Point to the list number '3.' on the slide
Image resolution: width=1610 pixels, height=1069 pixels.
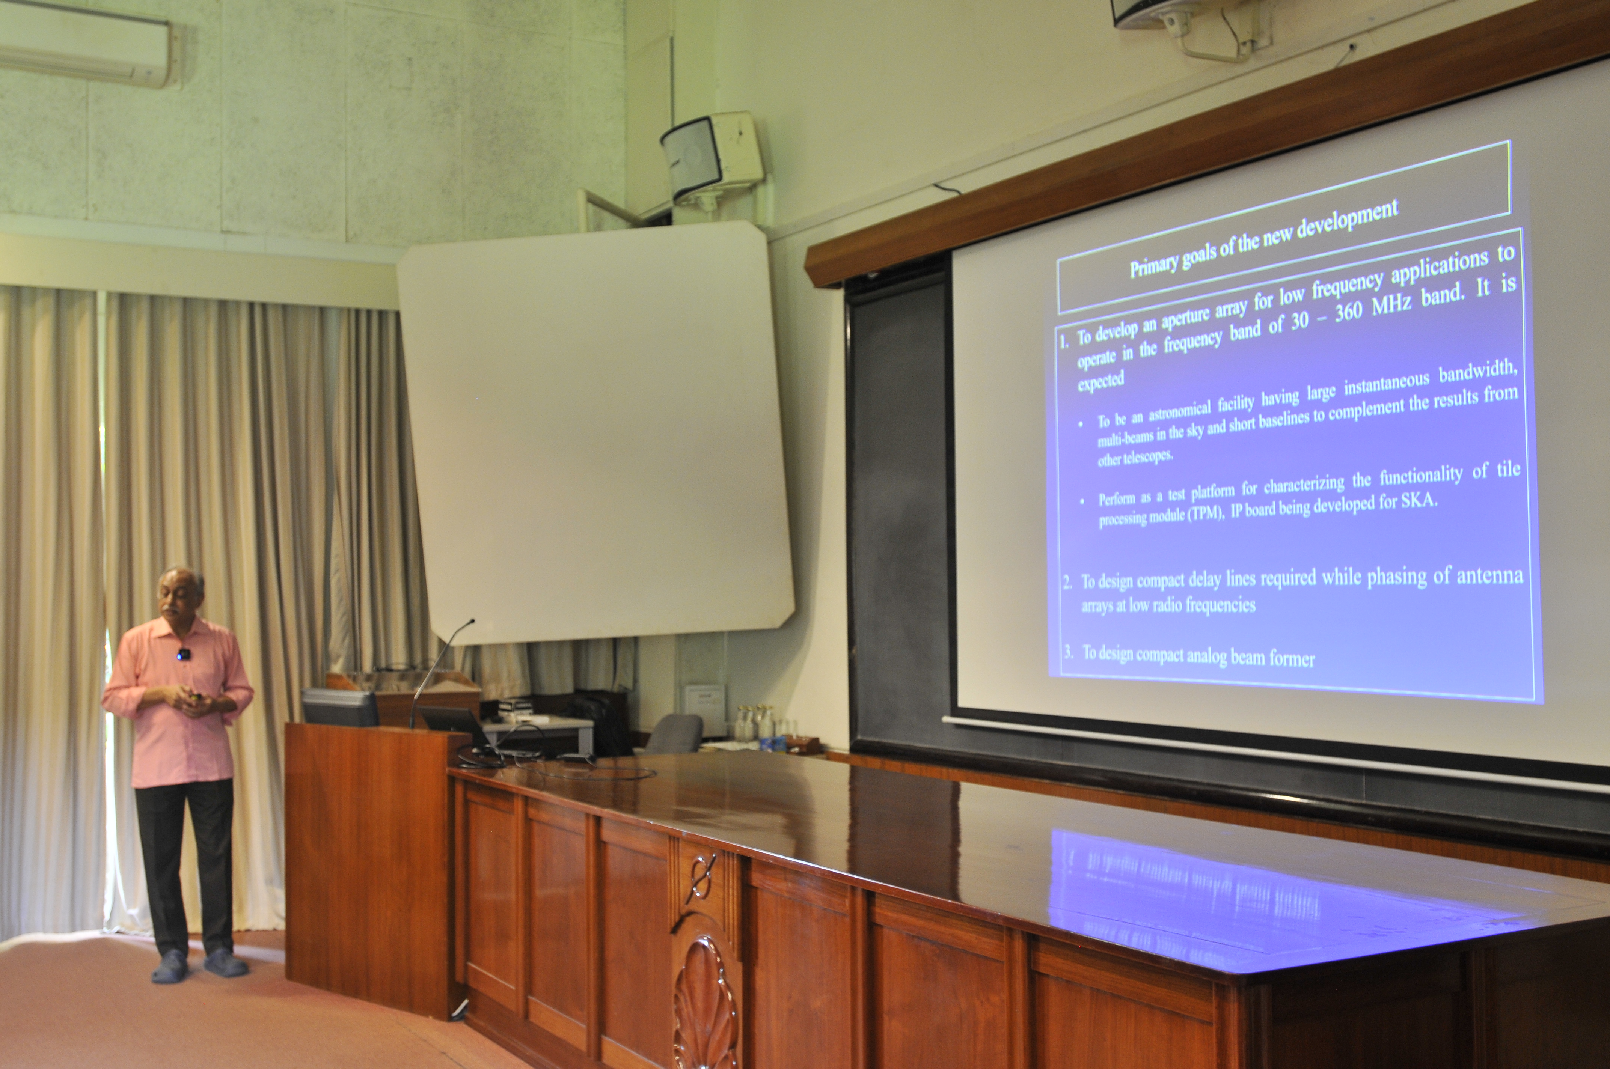(1069, 651)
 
